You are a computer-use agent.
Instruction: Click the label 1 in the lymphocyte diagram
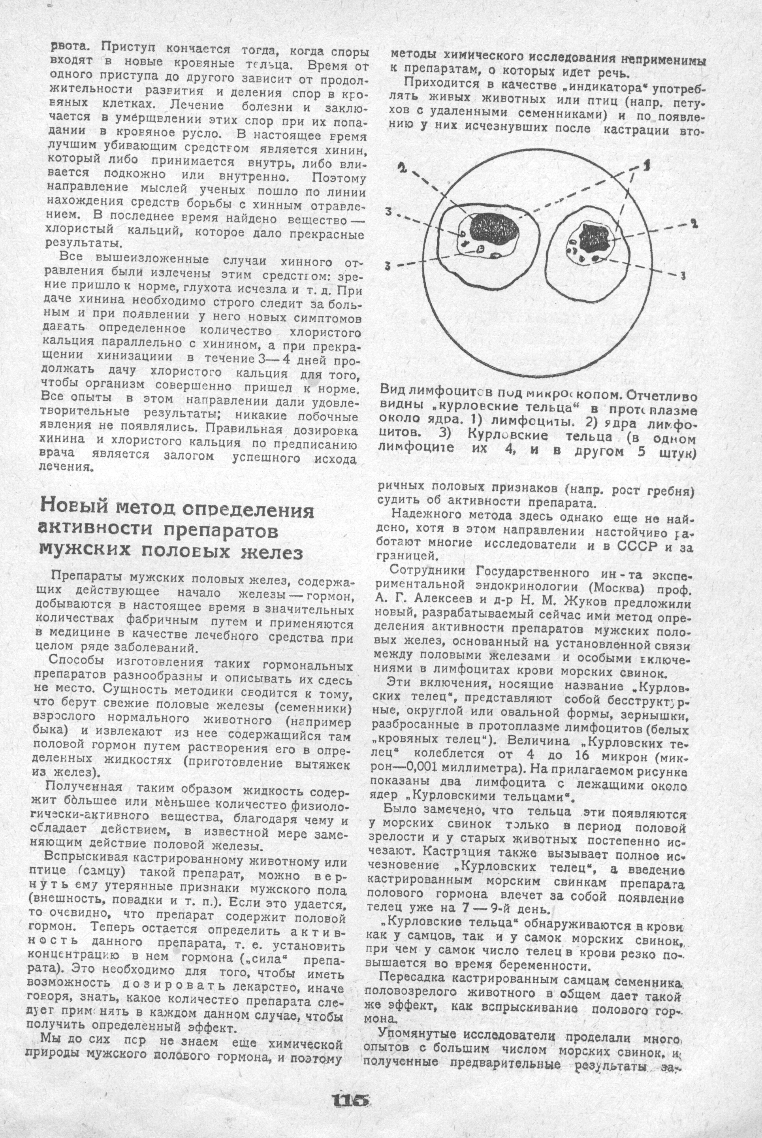coord(647,166)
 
